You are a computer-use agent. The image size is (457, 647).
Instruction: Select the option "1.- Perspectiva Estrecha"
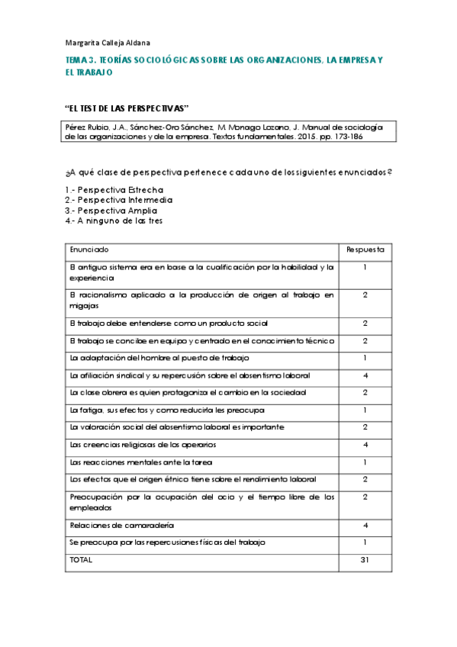coord(114,189)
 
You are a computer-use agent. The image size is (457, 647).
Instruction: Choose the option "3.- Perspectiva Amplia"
coord(111,210)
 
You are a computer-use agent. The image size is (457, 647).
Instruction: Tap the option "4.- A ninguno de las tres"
coord(114,220)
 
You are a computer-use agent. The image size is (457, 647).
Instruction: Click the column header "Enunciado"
coord(89,249)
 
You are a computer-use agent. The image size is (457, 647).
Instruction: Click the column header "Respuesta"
coord(365,249)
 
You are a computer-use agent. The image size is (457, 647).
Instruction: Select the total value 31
coord(365,559)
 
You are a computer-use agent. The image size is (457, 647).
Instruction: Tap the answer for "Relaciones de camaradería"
coord(365,525)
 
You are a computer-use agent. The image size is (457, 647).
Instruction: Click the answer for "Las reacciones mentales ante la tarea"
coord(365,462)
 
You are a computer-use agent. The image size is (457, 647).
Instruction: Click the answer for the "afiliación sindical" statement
coord(365,375)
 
